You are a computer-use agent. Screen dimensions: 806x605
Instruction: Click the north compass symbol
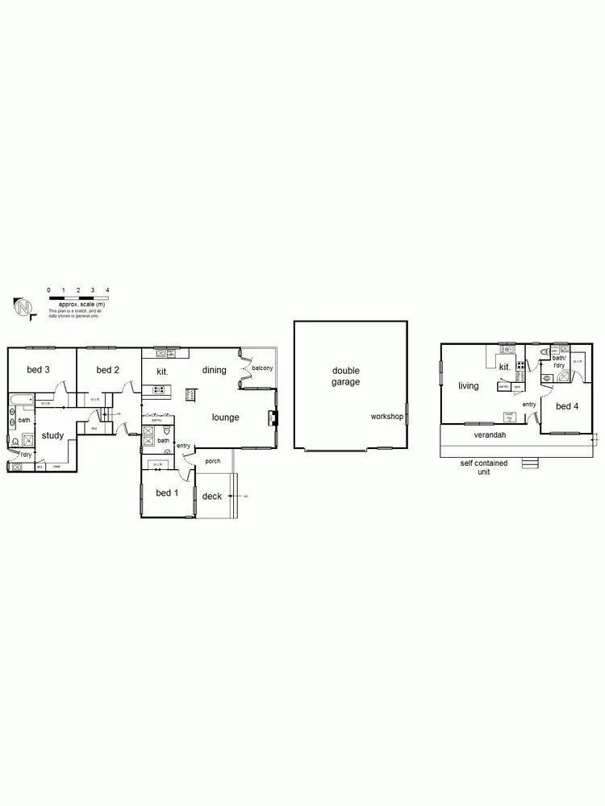tap(23, 307)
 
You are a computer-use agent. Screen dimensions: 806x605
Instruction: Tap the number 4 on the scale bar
tap(107, 289)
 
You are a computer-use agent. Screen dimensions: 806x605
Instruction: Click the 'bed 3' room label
tap(39, 370)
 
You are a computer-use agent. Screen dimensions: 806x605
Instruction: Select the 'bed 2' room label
tap(107, 370)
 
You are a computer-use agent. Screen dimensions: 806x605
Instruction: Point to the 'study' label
tap(52, 436)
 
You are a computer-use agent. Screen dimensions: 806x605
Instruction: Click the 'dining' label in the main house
tap(214, 370)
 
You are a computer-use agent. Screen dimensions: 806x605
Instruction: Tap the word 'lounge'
tap(226, 418)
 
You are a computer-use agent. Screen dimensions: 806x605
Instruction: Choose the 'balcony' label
tap(262, 368)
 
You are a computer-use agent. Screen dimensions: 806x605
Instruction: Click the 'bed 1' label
tap(167, 492)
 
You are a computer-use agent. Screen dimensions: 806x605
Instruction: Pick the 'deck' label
tap(212, 496)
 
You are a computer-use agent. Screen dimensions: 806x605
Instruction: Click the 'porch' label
tap(212, 461)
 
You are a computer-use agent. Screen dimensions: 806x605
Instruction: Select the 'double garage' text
tap(346, 376)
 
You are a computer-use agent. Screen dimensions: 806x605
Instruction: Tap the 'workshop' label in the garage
tap(386, 417)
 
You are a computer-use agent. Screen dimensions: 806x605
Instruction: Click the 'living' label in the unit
tap(469, 386)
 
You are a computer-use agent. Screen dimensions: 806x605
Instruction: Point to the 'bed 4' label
tap(567, 405)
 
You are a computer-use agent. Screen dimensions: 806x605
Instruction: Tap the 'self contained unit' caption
tap(484, 467)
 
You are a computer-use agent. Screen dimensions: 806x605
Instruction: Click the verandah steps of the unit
tap(529, 463)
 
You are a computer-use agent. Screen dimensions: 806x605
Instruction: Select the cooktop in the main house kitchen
tap(158, 391)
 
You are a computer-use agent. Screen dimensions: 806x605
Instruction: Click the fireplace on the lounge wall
tap(273, 417)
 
